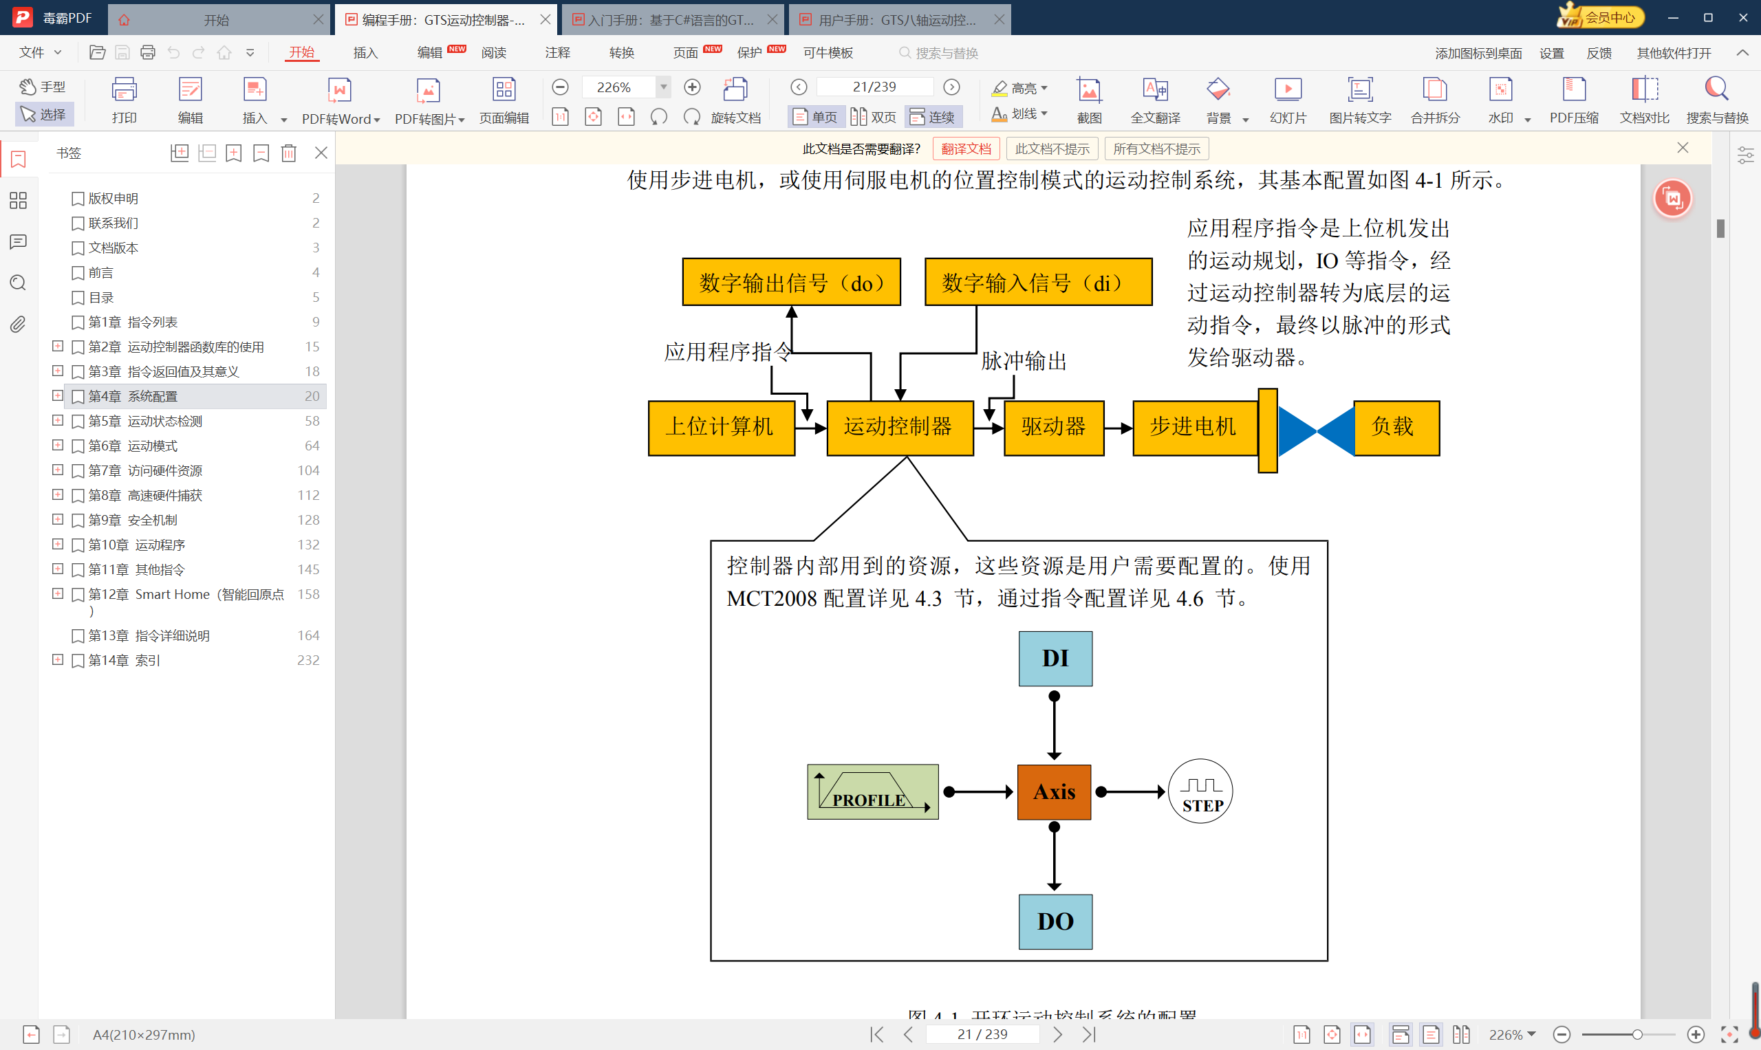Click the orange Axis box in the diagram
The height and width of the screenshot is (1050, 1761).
(x=1054, y=791)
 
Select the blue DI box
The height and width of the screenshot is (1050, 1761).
(x=1055, y=658)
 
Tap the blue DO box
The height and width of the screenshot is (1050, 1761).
(x=1055, y=921)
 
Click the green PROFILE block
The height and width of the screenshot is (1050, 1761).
(x=873, y=791)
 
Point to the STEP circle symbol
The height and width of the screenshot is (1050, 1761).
(x=1200, y=791)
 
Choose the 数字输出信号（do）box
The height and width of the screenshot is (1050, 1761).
(x=791, y=282)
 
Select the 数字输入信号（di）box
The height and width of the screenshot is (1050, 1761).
(x=1038, y=282)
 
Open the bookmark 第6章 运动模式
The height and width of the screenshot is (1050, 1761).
(x=133, y=446)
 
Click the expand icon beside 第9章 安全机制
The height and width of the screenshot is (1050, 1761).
(x=58, y=519)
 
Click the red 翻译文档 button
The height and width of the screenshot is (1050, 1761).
(x=966, y=149)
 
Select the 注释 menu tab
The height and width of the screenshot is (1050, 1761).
(x=557, y=52)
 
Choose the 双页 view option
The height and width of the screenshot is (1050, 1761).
(x=874, y=116)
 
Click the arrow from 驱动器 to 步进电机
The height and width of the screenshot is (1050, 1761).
(x=1119, y=428)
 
